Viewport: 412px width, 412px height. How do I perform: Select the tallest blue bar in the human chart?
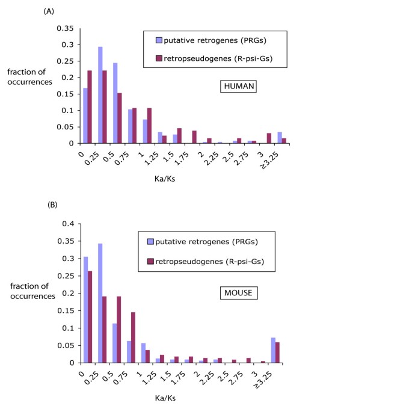click(x=100, y=95)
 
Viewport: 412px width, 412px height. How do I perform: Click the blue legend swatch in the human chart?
click(x=158, y=40)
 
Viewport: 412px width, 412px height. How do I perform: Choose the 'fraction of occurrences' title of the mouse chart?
click(x=31, y=290)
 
